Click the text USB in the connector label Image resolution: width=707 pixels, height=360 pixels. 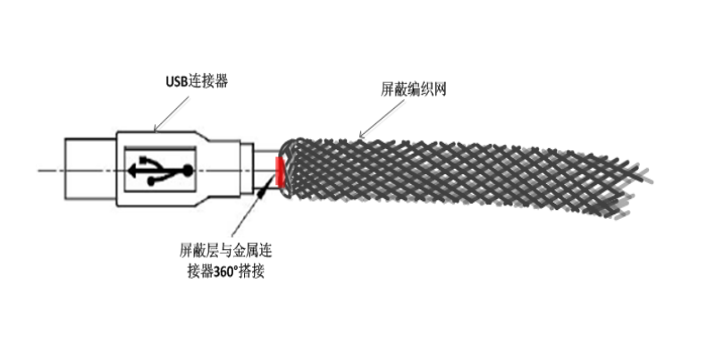click(176, 82)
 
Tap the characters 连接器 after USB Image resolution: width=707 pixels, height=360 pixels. click(207, 81)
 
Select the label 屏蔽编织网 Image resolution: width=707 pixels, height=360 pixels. click(414, 89)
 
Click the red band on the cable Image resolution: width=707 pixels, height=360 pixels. click(280, 172)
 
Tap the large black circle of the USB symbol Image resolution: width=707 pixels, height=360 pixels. click(187, 171)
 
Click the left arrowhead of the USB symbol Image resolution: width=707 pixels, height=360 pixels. click(132, 171)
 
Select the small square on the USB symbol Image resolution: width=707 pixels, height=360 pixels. click(144, 160)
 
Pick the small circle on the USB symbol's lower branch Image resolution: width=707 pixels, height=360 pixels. click(152, 181)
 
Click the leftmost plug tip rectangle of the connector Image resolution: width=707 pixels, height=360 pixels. click(90, 169)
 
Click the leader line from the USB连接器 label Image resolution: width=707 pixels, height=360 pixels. click(172, 114)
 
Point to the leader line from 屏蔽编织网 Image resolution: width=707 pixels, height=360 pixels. click(382, 119)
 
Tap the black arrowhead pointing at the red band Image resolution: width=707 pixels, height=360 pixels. click(261, 193)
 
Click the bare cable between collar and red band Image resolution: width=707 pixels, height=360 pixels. click(265, 170)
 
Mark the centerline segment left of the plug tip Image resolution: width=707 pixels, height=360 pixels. click(52, 171)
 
